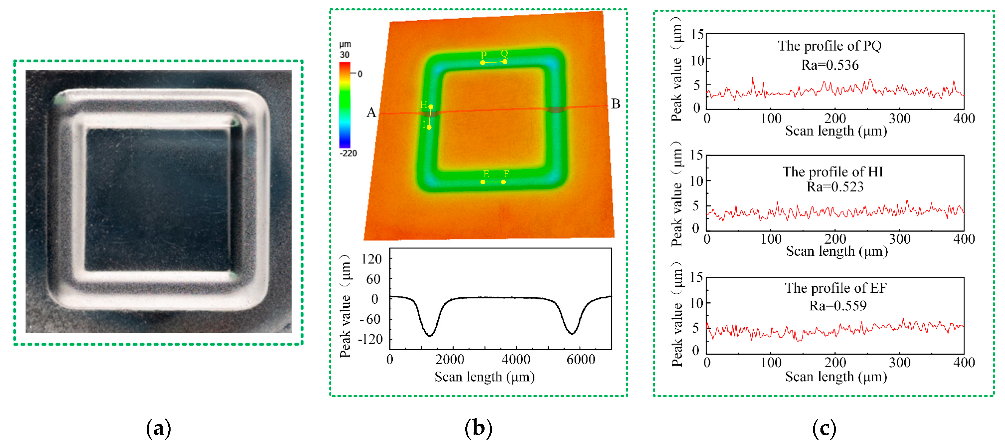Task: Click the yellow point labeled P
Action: coord(483,63)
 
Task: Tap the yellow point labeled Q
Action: coord(505,62)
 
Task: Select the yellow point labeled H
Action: coord(431,107)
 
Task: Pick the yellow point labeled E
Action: coord(483,182)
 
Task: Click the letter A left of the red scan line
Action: coord(371,113)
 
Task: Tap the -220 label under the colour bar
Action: coord(348,153)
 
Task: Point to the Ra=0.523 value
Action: coord(835,187)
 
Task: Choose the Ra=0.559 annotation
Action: coord(838,306)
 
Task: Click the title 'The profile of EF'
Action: coord(836,288)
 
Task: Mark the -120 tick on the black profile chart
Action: coord(371,339)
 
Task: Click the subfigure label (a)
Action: coord(158,428)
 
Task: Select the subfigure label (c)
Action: coord(824,428)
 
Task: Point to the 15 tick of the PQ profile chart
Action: coord(697,35)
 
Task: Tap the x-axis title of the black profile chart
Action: coord(484,377)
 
